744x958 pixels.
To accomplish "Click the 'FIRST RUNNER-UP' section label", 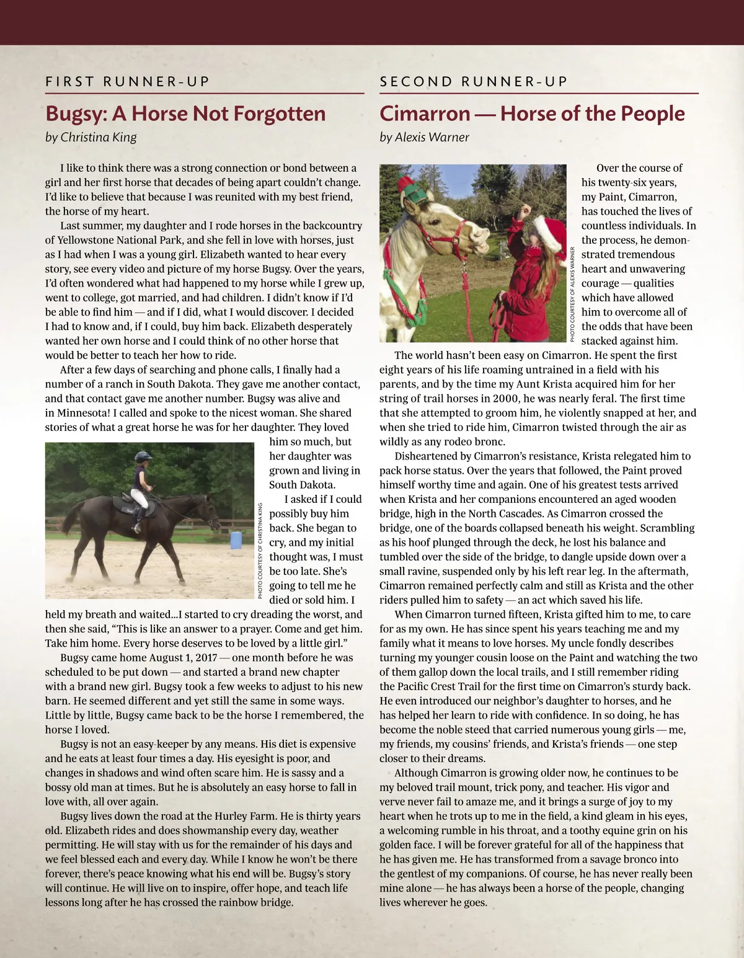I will (128, 81).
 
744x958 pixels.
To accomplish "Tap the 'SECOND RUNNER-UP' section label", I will (474, 81).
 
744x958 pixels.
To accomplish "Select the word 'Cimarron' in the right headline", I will (425, 114).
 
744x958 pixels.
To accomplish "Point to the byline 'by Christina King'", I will (91, 137).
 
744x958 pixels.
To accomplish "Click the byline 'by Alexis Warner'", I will (425, 137).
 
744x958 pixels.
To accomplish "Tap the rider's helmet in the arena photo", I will (143, 457).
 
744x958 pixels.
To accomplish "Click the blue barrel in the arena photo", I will (236, 540).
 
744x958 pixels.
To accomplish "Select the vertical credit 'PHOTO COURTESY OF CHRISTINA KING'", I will (260, 551).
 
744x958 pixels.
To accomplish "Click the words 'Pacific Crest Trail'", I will (450, 686).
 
